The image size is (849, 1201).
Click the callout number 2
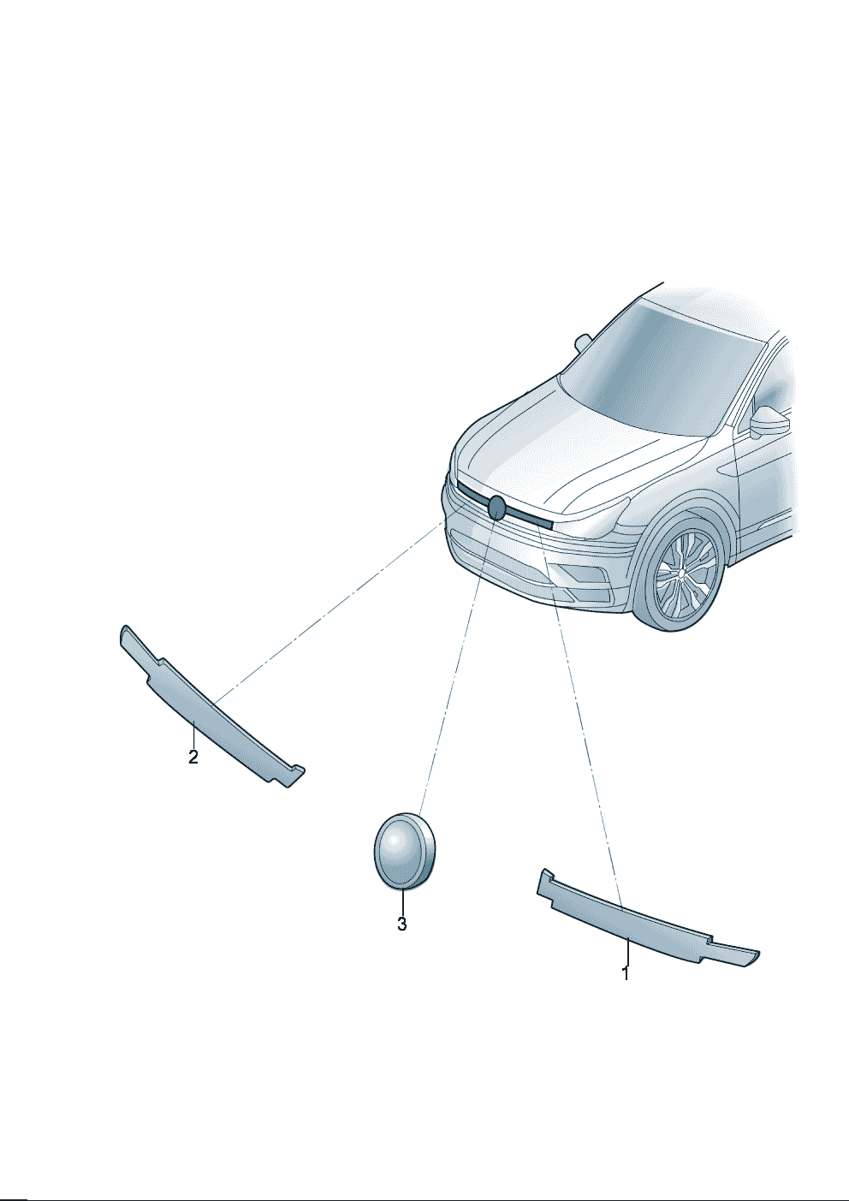pyautogui.click(x=193, y=757)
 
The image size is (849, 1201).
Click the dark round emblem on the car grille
pyautogui.click(x=496, y=508)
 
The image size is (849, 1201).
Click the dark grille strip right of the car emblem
pyautogui.click(x=528, y=517)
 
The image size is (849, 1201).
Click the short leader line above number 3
pyautogui.click(x=402, y=902)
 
